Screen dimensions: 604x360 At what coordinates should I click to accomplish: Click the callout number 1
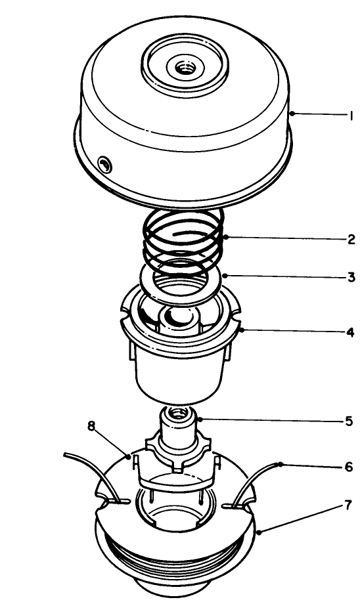click(351, 116)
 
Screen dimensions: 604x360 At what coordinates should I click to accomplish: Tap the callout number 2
click(351, 239)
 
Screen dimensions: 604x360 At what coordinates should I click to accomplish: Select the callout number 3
click(351, 278)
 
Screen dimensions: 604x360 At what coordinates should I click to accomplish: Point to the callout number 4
click(351, 332)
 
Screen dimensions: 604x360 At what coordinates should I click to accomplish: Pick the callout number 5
click(349, 421)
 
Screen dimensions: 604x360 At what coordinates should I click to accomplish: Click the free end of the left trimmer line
click(66, 454)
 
